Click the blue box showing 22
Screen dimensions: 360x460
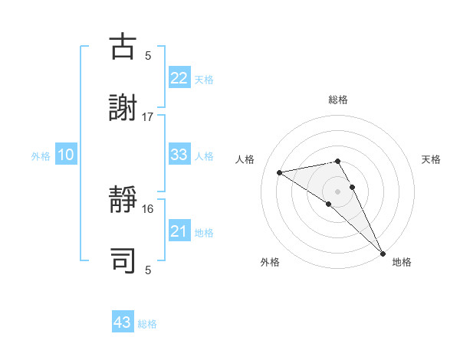[179, 78]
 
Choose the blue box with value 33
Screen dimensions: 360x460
[179, 155]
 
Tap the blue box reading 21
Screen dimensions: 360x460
[179, 231]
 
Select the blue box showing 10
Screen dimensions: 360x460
[66, 155]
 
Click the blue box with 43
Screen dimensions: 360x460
[123, 322]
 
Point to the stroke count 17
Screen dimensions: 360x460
[148, 116]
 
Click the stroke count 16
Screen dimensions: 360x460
[148, 208]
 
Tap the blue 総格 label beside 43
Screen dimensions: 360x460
[147, 324]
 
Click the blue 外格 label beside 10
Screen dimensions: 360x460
[41, 156]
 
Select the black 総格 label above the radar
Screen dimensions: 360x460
[338, 100]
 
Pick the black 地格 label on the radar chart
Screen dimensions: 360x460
[402, 262]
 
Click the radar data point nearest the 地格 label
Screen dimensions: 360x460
[383, 253]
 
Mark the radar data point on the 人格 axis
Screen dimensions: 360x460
[280, 172]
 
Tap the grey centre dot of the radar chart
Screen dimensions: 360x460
[338, 191]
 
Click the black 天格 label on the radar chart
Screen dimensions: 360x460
[432, 159]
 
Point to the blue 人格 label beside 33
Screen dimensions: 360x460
[204, 156]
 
